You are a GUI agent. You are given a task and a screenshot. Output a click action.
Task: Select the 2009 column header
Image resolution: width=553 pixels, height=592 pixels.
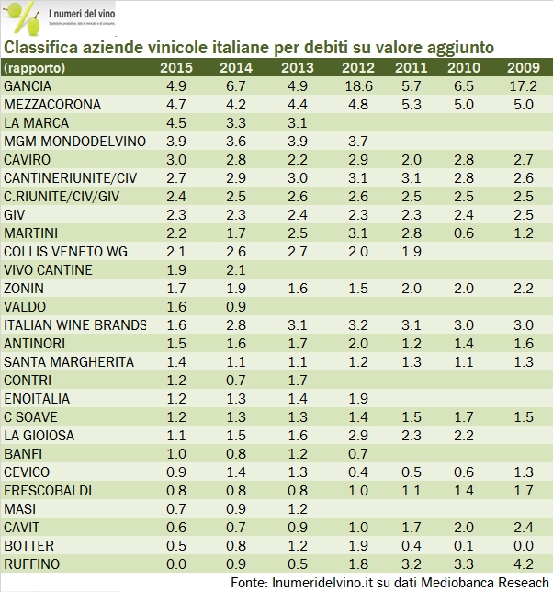click(x=522, y=68)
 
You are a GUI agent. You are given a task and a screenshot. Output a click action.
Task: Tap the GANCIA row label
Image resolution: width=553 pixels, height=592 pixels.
click(x=28, y=85)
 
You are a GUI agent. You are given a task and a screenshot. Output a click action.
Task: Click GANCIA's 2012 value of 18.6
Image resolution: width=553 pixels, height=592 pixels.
click(x=355, y=85)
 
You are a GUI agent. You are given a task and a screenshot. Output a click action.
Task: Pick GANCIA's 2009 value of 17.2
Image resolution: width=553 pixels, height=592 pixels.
click(x=522, y=85)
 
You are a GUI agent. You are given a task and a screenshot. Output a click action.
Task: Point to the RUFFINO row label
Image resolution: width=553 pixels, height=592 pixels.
click(x=31, y=564)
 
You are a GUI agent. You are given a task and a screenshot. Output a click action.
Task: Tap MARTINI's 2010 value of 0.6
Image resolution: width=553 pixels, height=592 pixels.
click(x=464, y=233)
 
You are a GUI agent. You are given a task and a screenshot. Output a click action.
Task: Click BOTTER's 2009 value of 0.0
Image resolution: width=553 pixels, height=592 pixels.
click(x=522, y=545)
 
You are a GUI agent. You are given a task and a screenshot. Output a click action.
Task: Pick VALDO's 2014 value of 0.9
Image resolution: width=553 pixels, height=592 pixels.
click(x=236, y=306)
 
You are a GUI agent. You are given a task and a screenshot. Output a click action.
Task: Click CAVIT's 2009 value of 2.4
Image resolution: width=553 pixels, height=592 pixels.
click(x=522, y=527)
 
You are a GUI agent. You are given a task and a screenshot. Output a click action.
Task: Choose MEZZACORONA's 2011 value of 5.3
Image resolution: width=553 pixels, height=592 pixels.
click(x=411, y=104)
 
